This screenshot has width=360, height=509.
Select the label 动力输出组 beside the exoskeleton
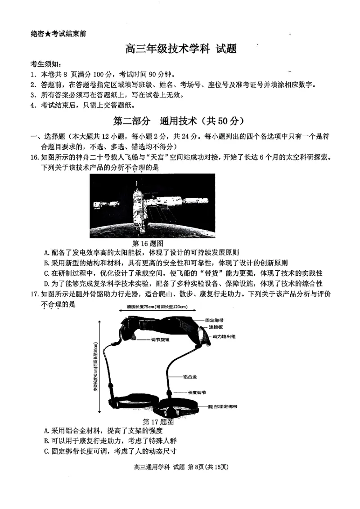223,336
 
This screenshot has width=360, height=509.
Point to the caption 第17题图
158,422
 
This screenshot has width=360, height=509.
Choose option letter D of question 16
46,283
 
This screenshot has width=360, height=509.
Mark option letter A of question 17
46,431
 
